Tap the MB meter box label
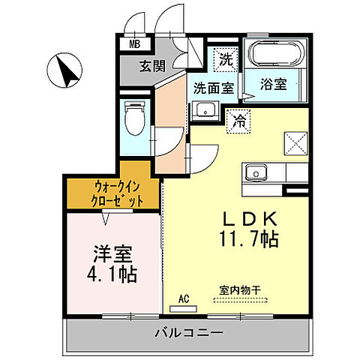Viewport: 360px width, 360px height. point(134,44)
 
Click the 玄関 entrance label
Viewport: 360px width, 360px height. point(153,66)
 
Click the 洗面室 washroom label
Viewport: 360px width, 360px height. point(213,87)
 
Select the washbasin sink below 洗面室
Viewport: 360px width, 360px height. point(204,112)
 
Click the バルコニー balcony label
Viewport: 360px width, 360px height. point(189,331)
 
